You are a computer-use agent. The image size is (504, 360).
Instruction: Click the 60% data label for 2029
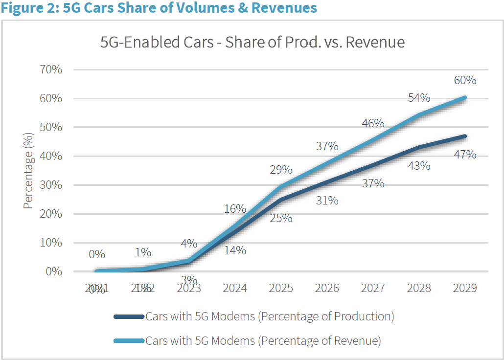(x=464, y=80)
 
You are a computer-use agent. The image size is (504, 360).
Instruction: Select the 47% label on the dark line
(x=464, y=155)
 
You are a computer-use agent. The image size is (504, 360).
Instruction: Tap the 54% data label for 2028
(x=419, y=98)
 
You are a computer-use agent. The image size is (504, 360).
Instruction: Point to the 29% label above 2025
(x=281, y=170)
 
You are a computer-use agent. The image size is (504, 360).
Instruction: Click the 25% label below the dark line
(x=281, y=218)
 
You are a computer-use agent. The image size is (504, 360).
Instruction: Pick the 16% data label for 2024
(x=235, y=209)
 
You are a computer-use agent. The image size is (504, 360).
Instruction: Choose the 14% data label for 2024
(x=235, y=250)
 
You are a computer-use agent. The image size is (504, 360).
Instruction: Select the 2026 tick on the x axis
(x=327, y=288)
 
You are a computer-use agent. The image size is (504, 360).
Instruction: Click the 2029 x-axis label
(x=464, y=288)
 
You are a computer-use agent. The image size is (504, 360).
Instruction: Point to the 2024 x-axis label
(x=235, y=288)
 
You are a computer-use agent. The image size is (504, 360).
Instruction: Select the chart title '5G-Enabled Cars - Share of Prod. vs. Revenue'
(x=252, y=43)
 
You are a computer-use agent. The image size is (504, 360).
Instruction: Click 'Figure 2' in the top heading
(x=29, y=8)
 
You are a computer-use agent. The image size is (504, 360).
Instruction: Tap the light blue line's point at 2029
(x=464, y=97)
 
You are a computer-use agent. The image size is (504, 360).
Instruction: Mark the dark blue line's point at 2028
(x=419, y=147)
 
